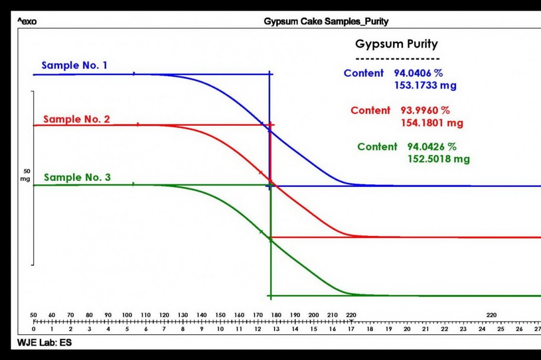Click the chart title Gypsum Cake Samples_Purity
click(326, 22)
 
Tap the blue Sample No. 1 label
click(75, 65)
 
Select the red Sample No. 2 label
click(76, 119)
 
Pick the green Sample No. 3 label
click(77, 178)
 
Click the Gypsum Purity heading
click(396, 44)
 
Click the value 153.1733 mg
click(425, 85)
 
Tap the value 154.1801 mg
click(432, 123)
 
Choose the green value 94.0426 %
click(432, 147)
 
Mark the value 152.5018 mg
click(438, 159)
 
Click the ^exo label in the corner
click(27, 22)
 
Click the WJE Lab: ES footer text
click(44, 342)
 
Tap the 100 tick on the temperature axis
click(127, 315)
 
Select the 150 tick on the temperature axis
click(221, 315)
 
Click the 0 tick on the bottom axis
click(34, 329)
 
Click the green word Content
click(377, 147)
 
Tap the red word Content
click(370, 110)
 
